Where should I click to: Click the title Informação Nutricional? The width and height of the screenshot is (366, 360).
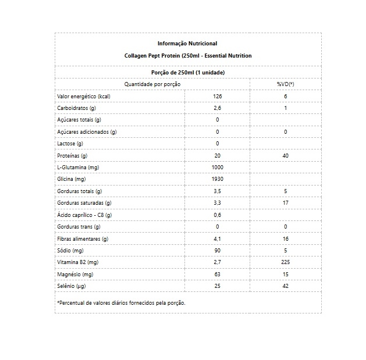(187, 44)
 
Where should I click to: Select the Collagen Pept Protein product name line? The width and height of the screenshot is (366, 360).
(187, 55)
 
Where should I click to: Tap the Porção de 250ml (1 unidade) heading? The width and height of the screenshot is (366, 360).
(187, 73)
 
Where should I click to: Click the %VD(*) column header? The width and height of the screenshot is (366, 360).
(286, 84)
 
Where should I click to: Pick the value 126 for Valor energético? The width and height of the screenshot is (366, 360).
(218, 96)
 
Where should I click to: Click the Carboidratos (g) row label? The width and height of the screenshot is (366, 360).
(76, 108)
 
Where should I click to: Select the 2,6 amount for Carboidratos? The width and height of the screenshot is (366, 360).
(218, 108)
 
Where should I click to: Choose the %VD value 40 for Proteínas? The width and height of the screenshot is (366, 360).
(286, 156)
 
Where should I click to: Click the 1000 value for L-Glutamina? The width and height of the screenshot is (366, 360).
(218, 167)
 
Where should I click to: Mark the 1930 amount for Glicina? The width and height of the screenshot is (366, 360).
(218, 179)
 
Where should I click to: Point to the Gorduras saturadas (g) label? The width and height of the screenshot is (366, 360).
(83, 203)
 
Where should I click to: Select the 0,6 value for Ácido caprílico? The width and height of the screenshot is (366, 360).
(218, 215)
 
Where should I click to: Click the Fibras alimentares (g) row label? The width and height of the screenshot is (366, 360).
(83, 238)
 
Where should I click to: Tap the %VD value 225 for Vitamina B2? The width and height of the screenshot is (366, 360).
(286, 262)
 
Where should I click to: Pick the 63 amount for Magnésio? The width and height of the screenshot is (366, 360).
(218, 274)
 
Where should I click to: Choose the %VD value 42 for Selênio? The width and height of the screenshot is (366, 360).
(286, 286)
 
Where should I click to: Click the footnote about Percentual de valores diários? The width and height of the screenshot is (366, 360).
(121, 302)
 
